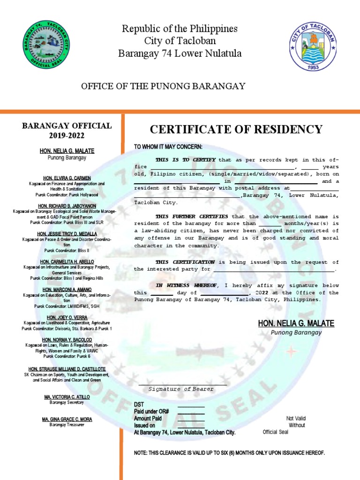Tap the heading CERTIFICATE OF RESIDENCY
click(x=236, y=129)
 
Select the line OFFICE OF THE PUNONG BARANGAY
click(x=163, y=86)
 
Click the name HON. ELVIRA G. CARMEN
click(x=67, y=178)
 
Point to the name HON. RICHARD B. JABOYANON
click(x=67, y=206)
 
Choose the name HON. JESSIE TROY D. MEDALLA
click(x=67, y=233)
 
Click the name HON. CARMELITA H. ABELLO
click(x=67, y=261)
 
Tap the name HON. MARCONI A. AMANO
click(x=67, y=289)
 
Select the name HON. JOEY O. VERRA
click(x=67, y=317)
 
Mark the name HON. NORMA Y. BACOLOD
click(x=67, y=339)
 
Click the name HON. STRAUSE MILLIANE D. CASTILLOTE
click(x=67, y=369)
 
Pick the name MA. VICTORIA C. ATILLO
click(x=67, y=397)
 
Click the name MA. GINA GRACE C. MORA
click(x=67, y=419)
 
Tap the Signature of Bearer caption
click(x=181, y=389)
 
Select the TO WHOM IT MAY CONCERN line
click(x=168, y=147)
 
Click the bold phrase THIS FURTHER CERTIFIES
click(x=192, y=217)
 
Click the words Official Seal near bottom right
click(x=276, y=432)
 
